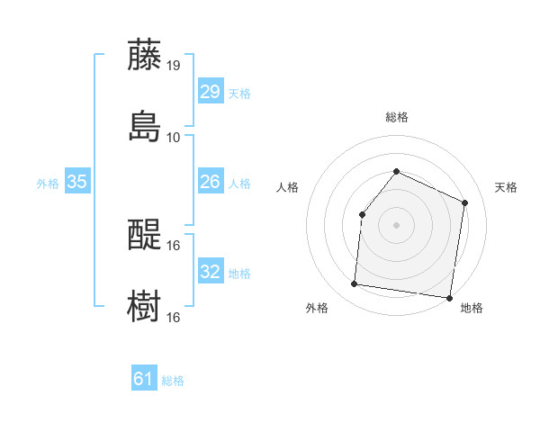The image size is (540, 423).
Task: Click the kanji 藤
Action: tap(144, 55)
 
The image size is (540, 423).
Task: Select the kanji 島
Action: tap(144, 126)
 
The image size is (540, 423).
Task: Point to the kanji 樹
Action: tap(144, 306)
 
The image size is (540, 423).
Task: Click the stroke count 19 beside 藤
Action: tap(174, 66)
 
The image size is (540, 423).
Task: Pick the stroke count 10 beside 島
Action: tap(174, 137)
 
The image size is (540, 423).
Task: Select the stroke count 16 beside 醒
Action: tap(174, 245)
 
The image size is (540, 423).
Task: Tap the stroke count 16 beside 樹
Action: tap(174, 317)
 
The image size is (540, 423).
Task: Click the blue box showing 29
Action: tap(211, 92)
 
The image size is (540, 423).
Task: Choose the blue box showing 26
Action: tap(211, 182)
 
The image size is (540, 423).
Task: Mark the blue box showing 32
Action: tap(211, 272)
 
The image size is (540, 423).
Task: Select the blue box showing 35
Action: tap(77, 182)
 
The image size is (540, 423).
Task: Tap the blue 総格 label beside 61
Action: tap(173, 382)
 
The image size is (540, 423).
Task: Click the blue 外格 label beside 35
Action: tap(48, 184)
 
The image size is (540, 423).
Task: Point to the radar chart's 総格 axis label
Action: tap(396, 117)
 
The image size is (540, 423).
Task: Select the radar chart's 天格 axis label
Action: tap(506, 187)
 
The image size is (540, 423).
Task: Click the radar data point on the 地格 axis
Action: tap(449, 297)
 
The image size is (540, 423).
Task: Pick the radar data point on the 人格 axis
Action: tap(362, 214)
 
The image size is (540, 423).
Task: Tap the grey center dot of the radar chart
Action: tap(396, 225)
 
